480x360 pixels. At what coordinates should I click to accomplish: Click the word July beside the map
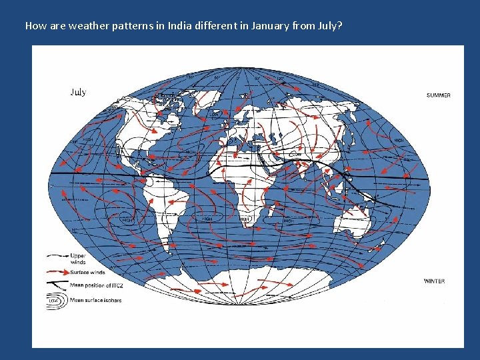[x=78, y=92]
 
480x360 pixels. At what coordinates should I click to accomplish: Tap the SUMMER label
[x=438, y=95]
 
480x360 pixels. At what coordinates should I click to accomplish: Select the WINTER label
[x=434, y=281]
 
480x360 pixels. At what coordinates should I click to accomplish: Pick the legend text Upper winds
[x=78, y=259]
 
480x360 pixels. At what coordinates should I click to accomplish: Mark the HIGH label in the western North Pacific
[x=398, y=141]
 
